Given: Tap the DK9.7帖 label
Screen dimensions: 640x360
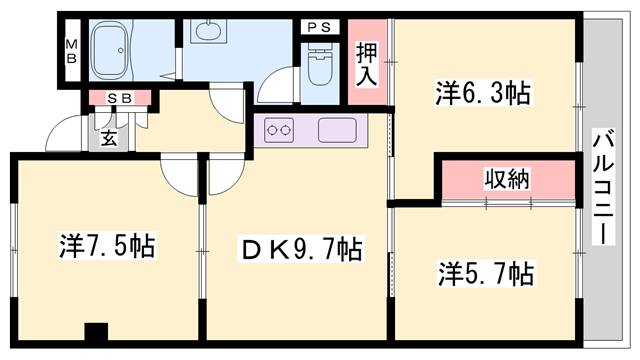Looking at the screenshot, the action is [x=297, y=247].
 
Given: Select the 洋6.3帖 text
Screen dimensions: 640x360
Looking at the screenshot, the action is [x=482, y=94].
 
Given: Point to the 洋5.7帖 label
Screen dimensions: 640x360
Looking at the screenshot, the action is [x=484, y=271].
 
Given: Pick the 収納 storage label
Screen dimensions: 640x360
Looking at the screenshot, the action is [x=508, y=181].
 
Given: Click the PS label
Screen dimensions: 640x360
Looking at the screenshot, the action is [x=322, y=27].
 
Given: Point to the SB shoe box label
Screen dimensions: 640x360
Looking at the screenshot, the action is [x=120, y=98].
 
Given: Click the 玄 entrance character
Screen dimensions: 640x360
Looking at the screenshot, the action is [x=107, y=139].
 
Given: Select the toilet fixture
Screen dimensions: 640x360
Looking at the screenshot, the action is [x=322, y=66].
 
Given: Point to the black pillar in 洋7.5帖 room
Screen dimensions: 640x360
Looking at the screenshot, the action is [x=96, y=333].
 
